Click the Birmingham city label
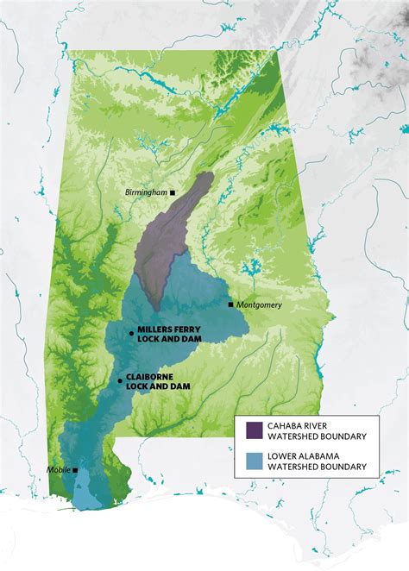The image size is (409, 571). tap(146, 192)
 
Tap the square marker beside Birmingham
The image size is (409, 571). tap(173, 192)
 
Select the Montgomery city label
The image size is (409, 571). tap(260, 305)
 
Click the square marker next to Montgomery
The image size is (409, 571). tap(230, 304)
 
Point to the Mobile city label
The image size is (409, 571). tap(59, 470)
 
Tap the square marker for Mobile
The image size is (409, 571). tap(76, 470)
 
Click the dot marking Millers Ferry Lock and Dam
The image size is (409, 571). tap(130, 332)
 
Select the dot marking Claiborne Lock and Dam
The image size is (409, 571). tap(120, 380)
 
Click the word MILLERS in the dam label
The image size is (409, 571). tap(154, 332)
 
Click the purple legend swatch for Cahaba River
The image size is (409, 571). tap(255, 430)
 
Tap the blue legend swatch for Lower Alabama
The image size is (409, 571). tap(255, 461)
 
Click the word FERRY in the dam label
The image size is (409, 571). tap(187, 332)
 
